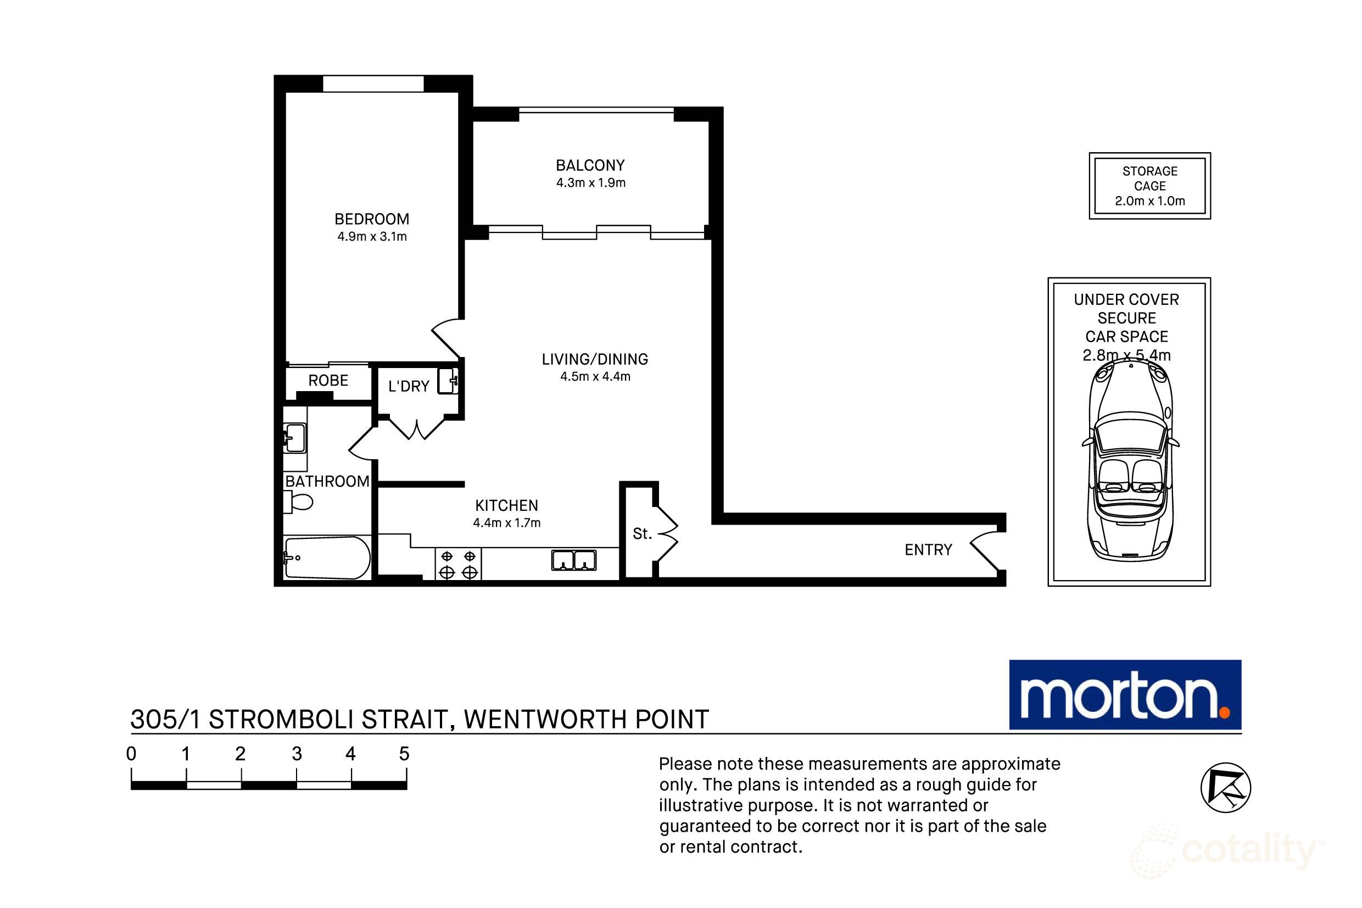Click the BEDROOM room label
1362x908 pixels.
coord(372,219)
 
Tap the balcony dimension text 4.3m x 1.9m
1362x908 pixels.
coord(590,183)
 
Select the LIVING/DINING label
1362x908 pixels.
coord(594,359)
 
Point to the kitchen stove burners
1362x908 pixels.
coord(459,564)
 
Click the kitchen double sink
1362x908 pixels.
coord(573,560)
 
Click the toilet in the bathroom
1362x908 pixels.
coord(298,502)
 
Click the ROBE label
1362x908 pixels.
coord(328,381)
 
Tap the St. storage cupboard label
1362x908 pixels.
coord(642,533)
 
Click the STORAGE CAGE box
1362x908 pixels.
coord(1149,186)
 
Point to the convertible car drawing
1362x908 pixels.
coord(1130,463)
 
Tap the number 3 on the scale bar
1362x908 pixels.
coord(297,754)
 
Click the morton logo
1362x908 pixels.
coord(1125,694)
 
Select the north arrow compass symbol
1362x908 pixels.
coord(1225,788)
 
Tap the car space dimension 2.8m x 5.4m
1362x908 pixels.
coord(1126,355)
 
